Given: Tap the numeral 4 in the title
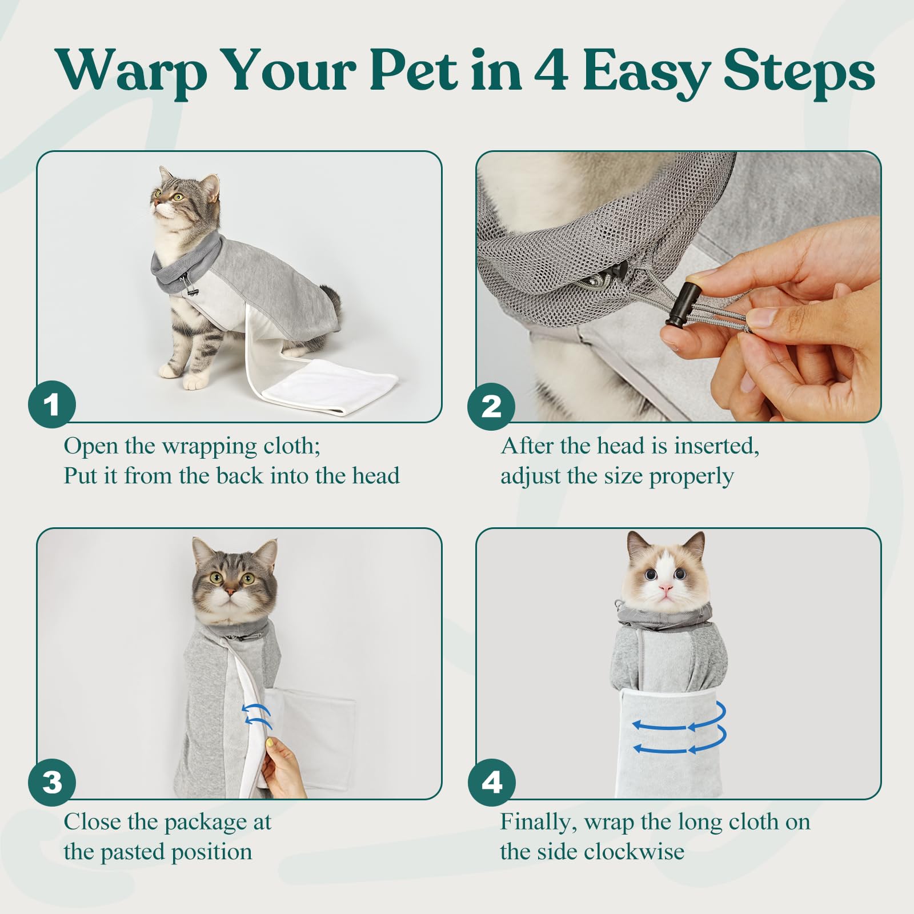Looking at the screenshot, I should click(x=551, y=71).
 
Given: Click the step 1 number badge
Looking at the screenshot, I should click(x=52, y=405).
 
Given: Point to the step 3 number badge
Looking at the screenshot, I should click(x=52, y=781).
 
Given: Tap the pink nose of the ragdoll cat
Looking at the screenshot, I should click(x=666, y=588).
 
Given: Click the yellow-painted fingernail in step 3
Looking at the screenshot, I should click(x=269, y=743).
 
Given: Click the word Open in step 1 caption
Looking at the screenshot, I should click(x=89, y=446).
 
